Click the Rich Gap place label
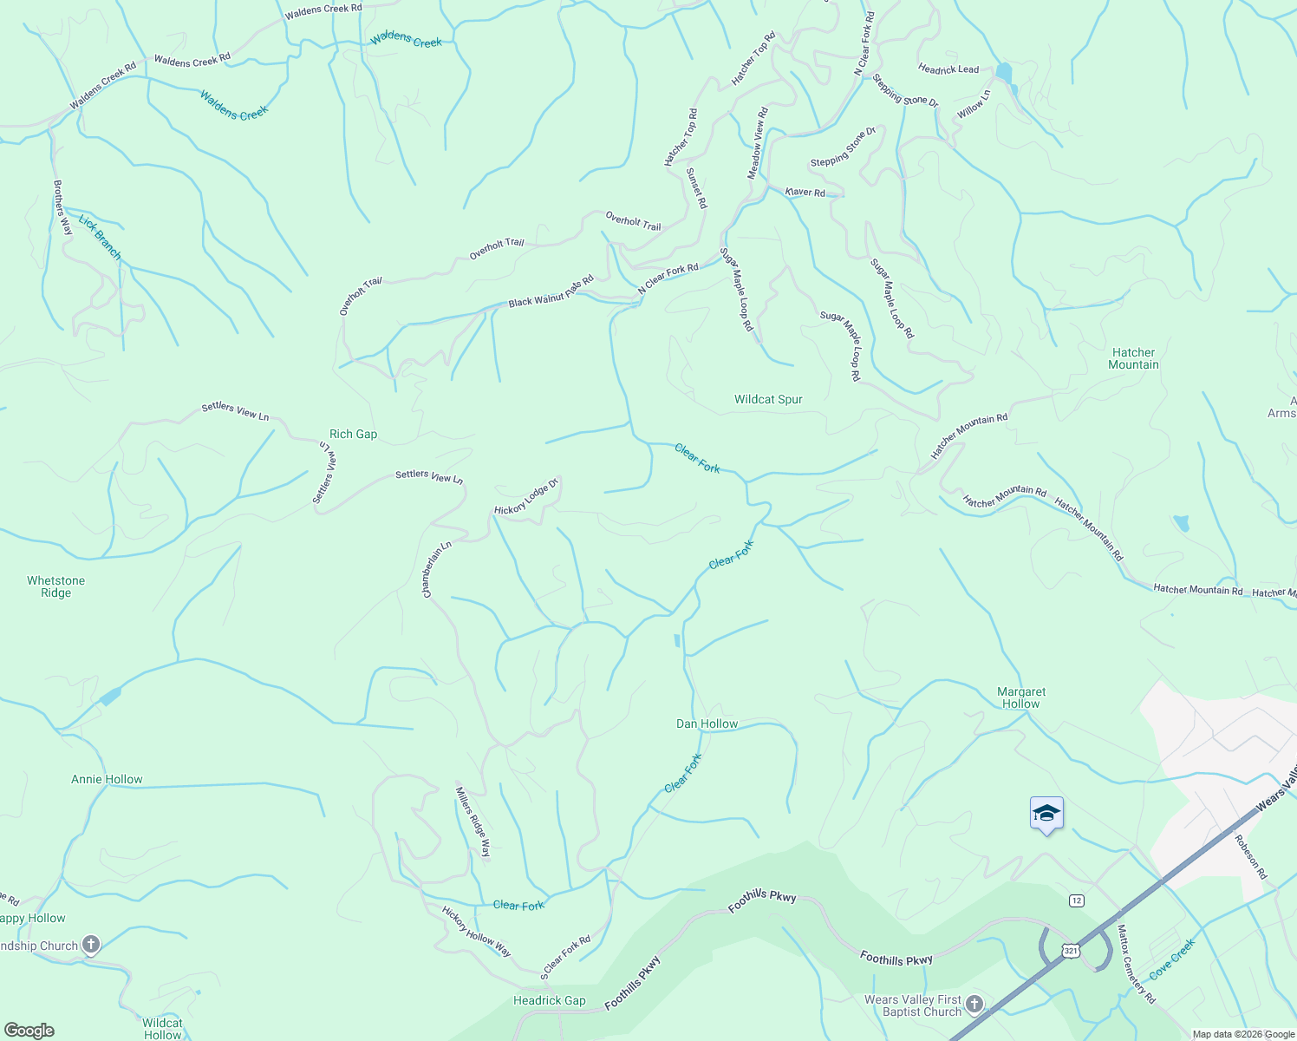[x=353, y=434]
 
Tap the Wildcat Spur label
[x=768, y=399]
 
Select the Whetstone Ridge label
[x=55, y=586]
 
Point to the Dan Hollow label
[x=707, y=723]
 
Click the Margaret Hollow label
[x=1021, y=697]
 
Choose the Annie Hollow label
[x=107, y=779]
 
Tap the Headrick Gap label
[x=550, y=1000]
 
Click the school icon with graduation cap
[x=1046, y=814]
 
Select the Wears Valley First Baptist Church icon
[x=974, y=1005]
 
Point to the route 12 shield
[x=1076, y=900]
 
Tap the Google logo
[x=29, y=1030]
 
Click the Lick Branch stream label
[x=100, y=237]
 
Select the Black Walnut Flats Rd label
[x=551, y=291]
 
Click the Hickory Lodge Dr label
[x=526, y=496]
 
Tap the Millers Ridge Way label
[x=473, y=822]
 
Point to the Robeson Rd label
[x=1250, y=857]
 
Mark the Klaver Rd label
[x=805, y=192]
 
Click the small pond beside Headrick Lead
[x=1004, y=72]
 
